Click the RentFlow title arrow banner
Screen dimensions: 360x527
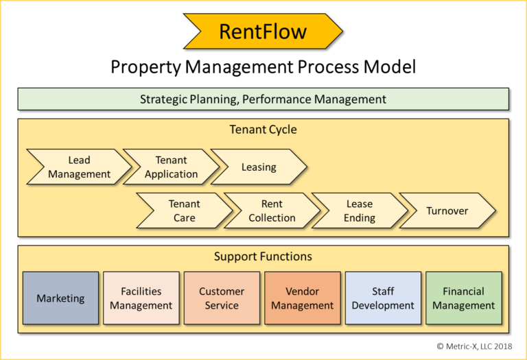tap(263, 32)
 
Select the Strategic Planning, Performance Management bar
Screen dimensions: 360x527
tap(263, 99)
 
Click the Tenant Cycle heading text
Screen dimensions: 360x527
tap(263, 130)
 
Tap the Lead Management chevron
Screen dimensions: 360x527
tap(78, 167)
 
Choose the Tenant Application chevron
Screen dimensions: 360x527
tap(171, 167)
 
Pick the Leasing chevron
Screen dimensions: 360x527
tap(259, 167)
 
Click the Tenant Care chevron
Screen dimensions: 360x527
tap(184, 211)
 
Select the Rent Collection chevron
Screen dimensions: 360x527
tap(272, 211)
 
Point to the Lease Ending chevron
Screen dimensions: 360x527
tap(359, 211)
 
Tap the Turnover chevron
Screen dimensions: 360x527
tap(447, 211)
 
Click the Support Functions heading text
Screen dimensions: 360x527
tap(263, 256)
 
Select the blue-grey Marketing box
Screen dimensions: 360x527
tap(60, 298)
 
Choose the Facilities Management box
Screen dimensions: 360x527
tap(141, 298)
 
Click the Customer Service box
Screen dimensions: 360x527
tap(222, 298)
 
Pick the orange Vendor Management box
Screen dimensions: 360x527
tap(302, 298)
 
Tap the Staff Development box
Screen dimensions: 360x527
tap(383, 298)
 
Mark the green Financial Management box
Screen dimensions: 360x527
tap(463, 298)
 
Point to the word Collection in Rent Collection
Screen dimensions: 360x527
tap(272, 218)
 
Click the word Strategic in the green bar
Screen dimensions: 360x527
tap(165, 99)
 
